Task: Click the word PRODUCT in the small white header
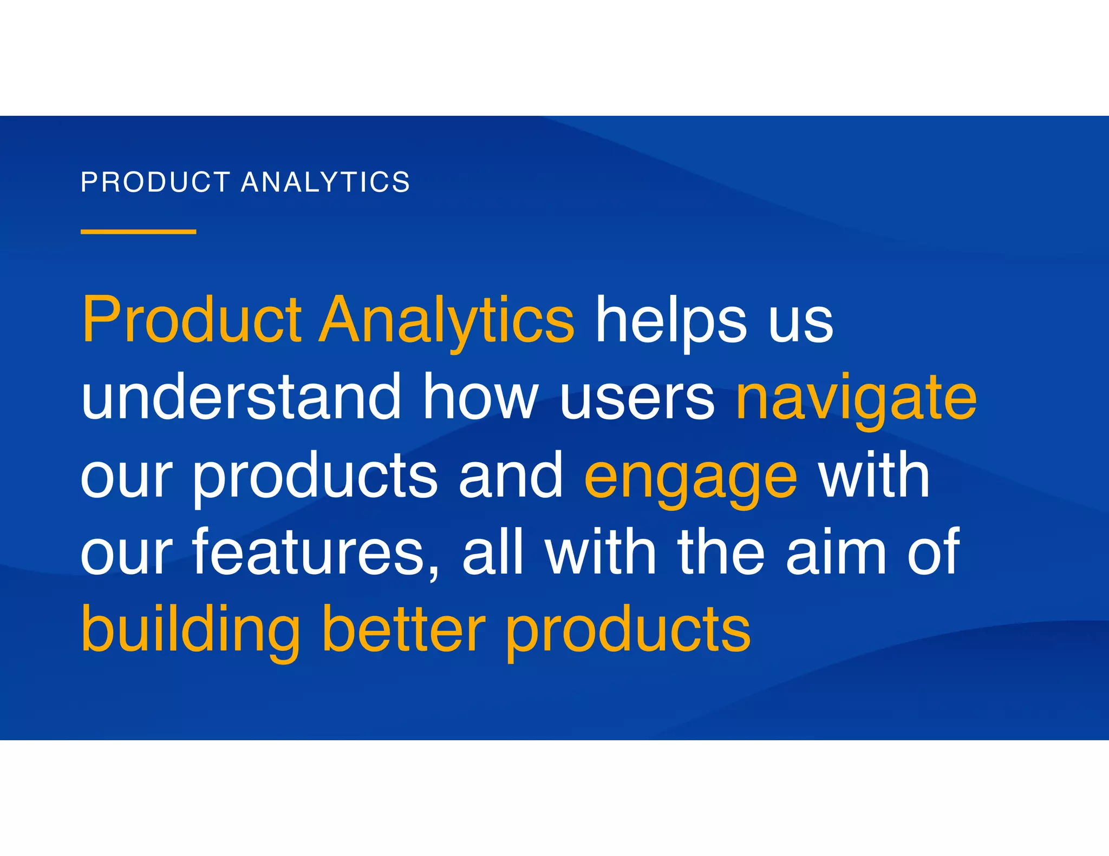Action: click(x=155, y=182)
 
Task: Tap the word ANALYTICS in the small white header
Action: click(x=325, y=182)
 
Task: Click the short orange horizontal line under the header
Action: click(x=138, y=232)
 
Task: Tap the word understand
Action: click(x=241, y=398)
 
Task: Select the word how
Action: click(x=480, y=398)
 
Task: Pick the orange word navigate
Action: click(x=857, y=400)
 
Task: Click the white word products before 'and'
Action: click(x=315, y=476)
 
